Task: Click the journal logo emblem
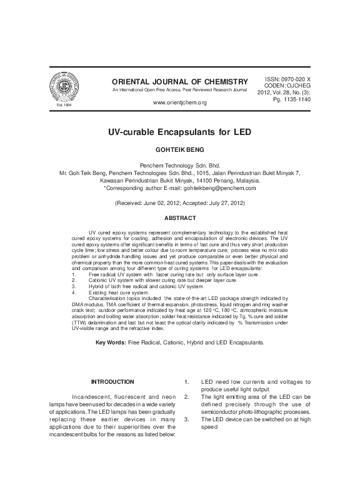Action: (x=54, y=87)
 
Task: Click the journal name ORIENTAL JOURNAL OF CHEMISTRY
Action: (x=179, y=82)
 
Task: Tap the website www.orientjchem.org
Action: (x=179, y=102)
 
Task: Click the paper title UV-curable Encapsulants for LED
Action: (x=179, y=133)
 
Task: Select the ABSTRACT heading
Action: (x=179, y=218)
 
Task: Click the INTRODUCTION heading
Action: (x=112, y=381)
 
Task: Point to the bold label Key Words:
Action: (x=111, y=343)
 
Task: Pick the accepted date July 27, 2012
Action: (x=223, y=204)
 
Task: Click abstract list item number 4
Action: (x=74, y=292)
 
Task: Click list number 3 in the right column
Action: (x=187, y=420)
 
